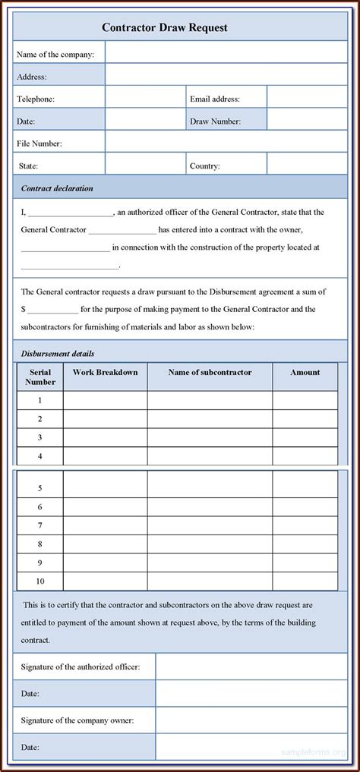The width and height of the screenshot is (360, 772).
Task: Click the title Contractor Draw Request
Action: [x=165, y=28]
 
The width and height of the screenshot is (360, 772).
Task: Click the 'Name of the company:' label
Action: [x=55, y=54]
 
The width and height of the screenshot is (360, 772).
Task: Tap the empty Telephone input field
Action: [x=145, y=98]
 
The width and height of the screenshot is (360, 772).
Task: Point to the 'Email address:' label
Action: [x=215, y=99]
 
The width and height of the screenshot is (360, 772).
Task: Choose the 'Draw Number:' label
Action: [x=215, y=121]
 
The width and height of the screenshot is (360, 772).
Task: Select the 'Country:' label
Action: [x=205, y=165]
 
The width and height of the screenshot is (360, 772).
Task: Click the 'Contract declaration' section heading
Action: [x=57, y=187]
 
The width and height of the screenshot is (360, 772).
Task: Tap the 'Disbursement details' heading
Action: [x=58, y=353]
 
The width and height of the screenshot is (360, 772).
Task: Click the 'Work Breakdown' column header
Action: [x=105, y=373]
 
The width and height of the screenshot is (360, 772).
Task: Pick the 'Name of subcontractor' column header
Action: [x=210, y=373]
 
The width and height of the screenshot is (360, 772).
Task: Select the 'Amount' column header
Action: [x=305, y=373]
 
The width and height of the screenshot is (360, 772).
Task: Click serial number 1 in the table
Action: [x=39, y=401]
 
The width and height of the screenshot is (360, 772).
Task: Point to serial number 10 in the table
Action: [x=39, y=581]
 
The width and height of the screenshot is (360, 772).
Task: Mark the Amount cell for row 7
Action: [x=305, y=525]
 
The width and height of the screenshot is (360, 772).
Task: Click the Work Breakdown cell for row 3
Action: [x=105, y=438]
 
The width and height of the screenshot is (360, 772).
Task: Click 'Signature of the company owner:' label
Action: [x=78, y=720]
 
